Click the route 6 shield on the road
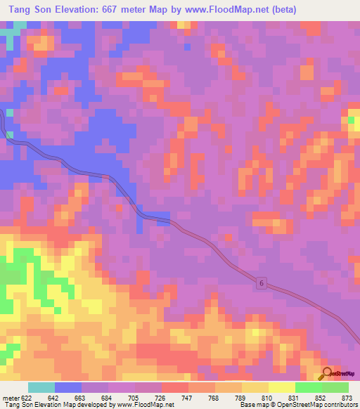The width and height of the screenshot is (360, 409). (x=261, y=283)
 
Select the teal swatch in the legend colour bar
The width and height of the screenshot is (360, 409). (x=41, y=388)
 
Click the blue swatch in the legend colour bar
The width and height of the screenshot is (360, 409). (x=68, y=388)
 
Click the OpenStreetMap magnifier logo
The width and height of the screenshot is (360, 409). (x=328, y=373)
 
